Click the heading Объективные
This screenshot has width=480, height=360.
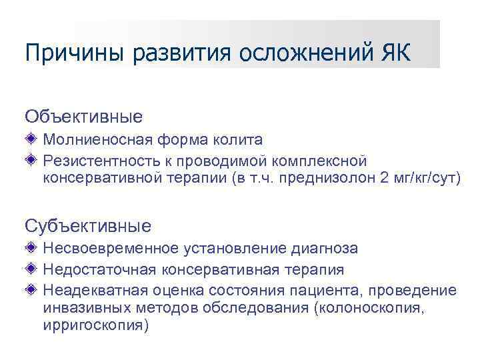coord(83,117)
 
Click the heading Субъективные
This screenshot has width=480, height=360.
coord(88,225)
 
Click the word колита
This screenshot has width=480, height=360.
coord(240,140)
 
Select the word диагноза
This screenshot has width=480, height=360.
coord(325,249)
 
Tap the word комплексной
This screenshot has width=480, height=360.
coord(319,161)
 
